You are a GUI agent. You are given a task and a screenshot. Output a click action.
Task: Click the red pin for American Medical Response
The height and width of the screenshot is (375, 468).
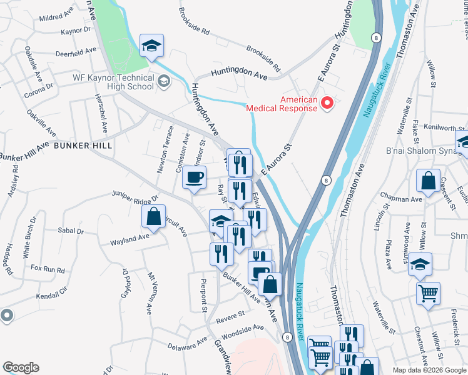click(x=327, y=102)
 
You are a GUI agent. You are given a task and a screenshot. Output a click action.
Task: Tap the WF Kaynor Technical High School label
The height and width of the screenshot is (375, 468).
click(x=113, y=81)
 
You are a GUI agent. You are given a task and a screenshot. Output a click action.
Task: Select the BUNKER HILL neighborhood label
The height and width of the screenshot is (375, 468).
click(x=83, y=146)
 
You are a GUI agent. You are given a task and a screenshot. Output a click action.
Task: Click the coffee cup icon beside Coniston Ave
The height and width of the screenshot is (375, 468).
click(x=194, y=177)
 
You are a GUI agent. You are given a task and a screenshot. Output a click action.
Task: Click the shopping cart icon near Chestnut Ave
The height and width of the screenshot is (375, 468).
click(x=428, y=292)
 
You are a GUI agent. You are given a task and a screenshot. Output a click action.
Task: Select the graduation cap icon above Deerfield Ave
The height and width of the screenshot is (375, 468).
click(x=151, y=46)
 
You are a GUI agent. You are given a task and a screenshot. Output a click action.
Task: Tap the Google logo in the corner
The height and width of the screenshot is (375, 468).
click(x=21, y=367)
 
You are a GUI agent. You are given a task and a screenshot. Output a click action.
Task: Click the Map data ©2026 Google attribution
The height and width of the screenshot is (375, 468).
click(x=429, y=370)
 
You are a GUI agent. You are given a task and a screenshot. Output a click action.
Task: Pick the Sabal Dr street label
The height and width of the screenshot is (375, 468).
click(x=69, y=231)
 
